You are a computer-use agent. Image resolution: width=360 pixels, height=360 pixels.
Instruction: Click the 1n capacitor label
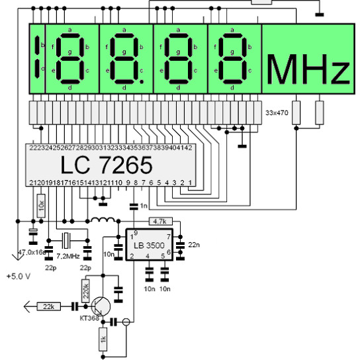144,206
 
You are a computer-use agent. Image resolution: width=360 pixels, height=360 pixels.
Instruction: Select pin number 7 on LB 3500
169,236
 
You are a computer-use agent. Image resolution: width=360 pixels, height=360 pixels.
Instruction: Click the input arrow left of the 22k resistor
27,306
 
